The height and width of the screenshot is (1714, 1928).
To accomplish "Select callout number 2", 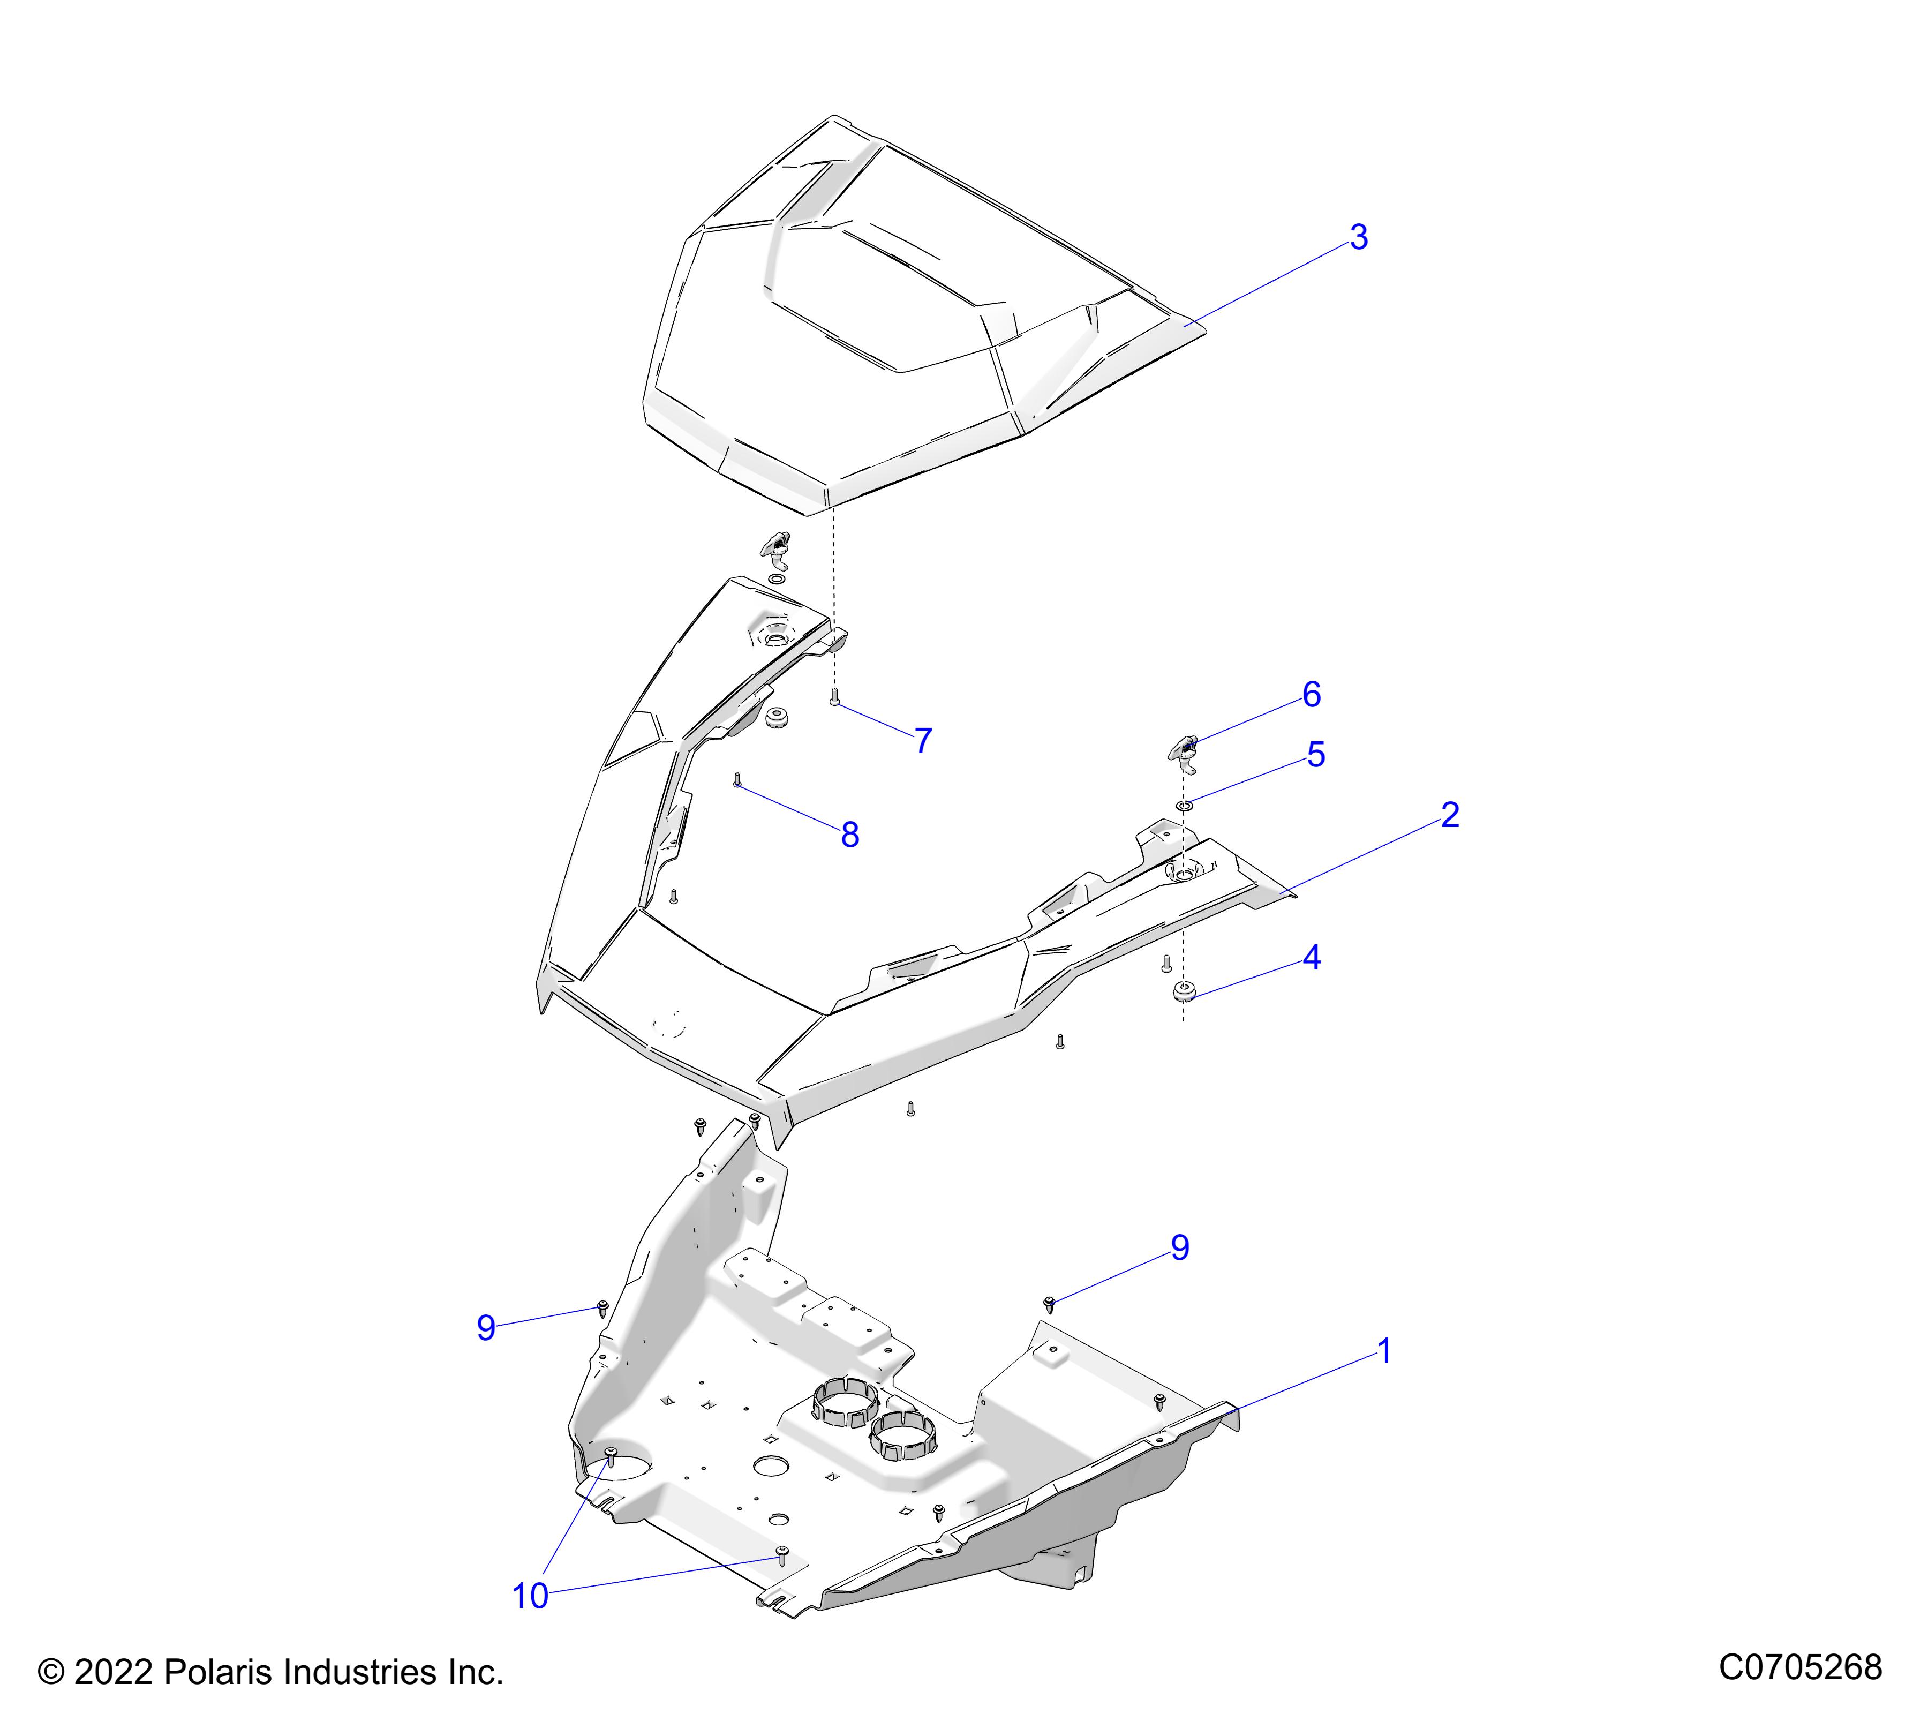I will coord(1450,815).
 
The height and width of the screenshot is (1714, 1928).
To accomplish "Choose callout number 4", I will coord(1311,958).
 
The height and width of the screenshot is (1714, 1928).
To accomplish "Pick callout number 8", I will coord(850,835).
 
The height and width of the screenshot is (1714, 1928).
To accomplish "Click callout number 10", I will coord(530,1596).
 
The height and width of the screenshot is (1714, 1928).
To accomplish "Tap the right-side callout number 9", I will coord(1180,1248).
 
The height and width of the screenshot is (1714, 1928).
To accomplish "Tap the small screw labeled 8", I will coord(737,780).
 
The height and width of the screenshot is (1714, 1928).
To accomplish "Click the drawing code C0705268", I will coord(1799,1668).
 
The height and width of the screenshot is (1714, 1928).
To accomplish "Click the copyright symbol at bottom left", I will coord(50,1673).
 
